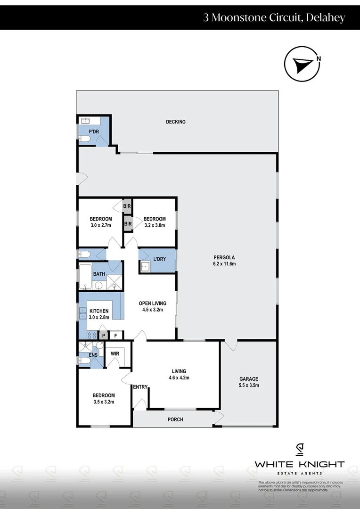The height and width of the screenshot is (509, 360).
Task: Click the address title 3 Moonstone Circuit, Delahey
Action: pyautogui.click(x=274, y=18)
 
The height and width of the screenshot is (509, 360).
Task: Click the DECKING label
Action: pyautogui.click(x=176, y=122)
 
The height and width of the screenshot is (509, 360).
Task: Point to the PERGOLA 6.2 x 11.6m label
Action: pyautogui.click(x=224, y=260)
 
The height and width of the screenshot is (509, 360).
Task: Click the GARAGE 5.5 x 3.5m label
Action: pyautogui.click(x=249, y=382)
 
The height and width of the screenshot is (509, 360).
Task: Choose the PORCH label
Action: pyautogui.click(x=175, y=419)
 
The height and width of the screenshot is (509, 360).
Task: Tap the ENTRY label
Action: pyautogui.click(x=140, y=387)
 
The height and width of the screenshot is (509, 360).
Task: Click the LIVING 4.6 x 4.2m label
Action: pyautogui.click(x=179, y=374)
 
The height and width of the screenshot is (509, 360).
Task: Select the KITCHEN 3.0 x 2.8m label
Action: pyautogui.click(x=99, y=314)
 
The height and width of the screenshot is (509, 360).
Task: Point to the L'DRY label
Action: pyautogui.click(x=159, y=259)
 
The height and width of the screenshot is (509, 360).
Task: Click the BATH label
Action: pyautogui.click(x=99, y=274)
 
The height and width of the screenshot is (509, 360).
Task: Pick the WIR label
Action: pyautogui.click(x=115, y=353)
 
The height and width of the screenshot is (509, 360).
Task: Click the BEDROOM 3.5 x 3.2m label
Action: pyautogui.click(x=103, y=398)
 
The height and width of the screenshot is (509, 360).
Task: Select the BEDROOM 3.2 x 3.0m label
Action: pyautogui.click(x=155, y=222)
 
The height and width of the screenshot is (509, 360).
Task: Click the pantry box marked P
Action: pyautogui.click(x=104, y=336)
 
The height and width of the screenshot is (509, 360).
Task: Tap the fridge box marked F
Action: pyautogui.click(x=116, y=336)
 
